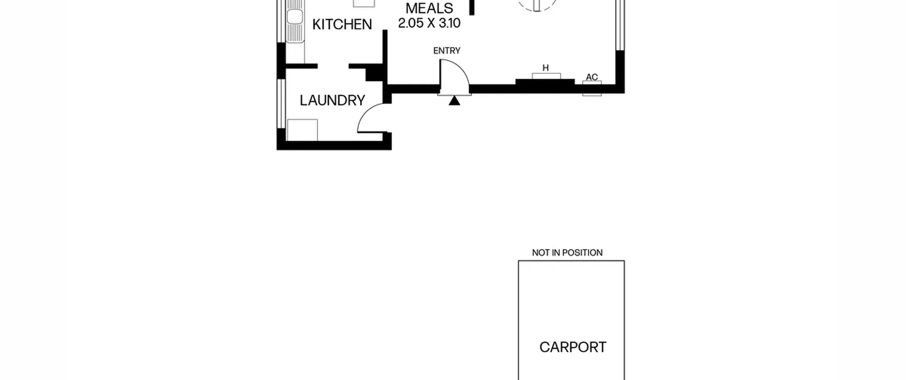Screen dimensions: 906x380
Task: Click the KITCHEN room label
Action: pos(342,24)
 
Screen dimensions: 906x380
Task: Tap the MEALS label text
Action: pos(429,8)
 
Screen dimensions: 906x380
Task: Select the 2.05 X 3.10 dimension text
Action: pos(429,23)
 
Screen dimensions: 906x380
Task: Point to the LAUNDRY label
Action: pos(332,100)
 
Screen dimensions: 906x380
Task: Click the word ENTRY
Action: pos(447,51)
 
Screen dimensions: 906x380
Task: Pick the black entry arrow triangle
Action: pos(454,101)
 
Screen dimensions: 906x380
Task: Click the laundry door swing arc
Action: pos(365,112)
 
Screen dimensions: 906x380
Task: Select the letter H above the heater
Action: pos(545,68)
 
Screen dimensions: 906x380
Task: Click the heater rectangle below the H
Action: pos(546,76)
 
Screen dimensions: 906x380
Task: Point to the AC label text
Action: pos(592,77)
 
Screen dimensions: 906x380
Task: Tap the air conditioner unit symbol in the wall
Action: pos(592,88)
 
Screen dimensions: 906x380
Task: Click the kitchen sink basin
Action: pos(294,17)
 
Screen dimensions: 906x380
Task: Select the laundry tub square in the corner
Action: pos(302,130)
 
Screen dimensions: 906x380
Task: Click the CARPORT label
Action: pos(573,347)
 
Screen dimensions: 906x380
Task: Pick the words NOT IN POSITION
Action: pos(567,253)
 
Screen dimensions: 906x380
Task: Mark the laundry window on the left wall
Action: pos(281,103)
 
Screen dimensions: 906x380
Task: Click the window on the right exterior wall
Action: pos(620,25)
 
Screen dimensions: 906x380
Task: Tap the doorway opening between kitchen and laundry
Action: pos(333,66)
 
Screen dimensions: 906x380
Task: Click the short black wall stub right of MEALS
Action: pos(471,7)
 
